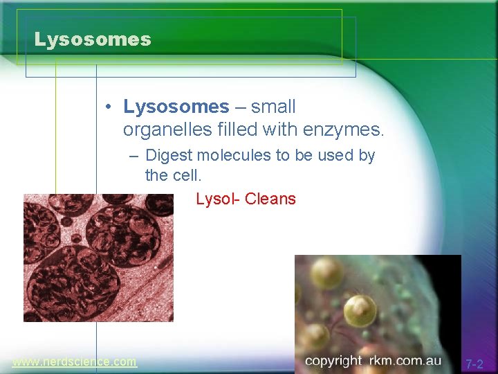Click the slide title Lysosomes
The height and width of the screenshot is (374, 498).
[x=93, y=39]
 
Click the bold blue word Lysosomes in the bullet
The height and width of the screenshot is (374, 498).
[x=176, y=107]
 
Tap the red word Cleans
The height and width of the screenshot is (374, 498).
[x=270, y=199]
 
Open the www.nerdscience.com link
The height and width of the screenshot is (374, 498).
[x=74, y=362]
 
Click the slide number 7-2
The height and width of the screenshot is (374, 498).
[x=474, y=364]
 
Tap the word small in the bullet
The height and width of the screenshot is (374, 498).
[x=273, y=107]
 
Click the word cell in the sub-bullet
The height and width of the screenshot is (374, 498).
[x=185, y=176]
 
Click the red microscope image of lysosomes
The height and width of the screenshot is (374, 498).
[x=98, y=258]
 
